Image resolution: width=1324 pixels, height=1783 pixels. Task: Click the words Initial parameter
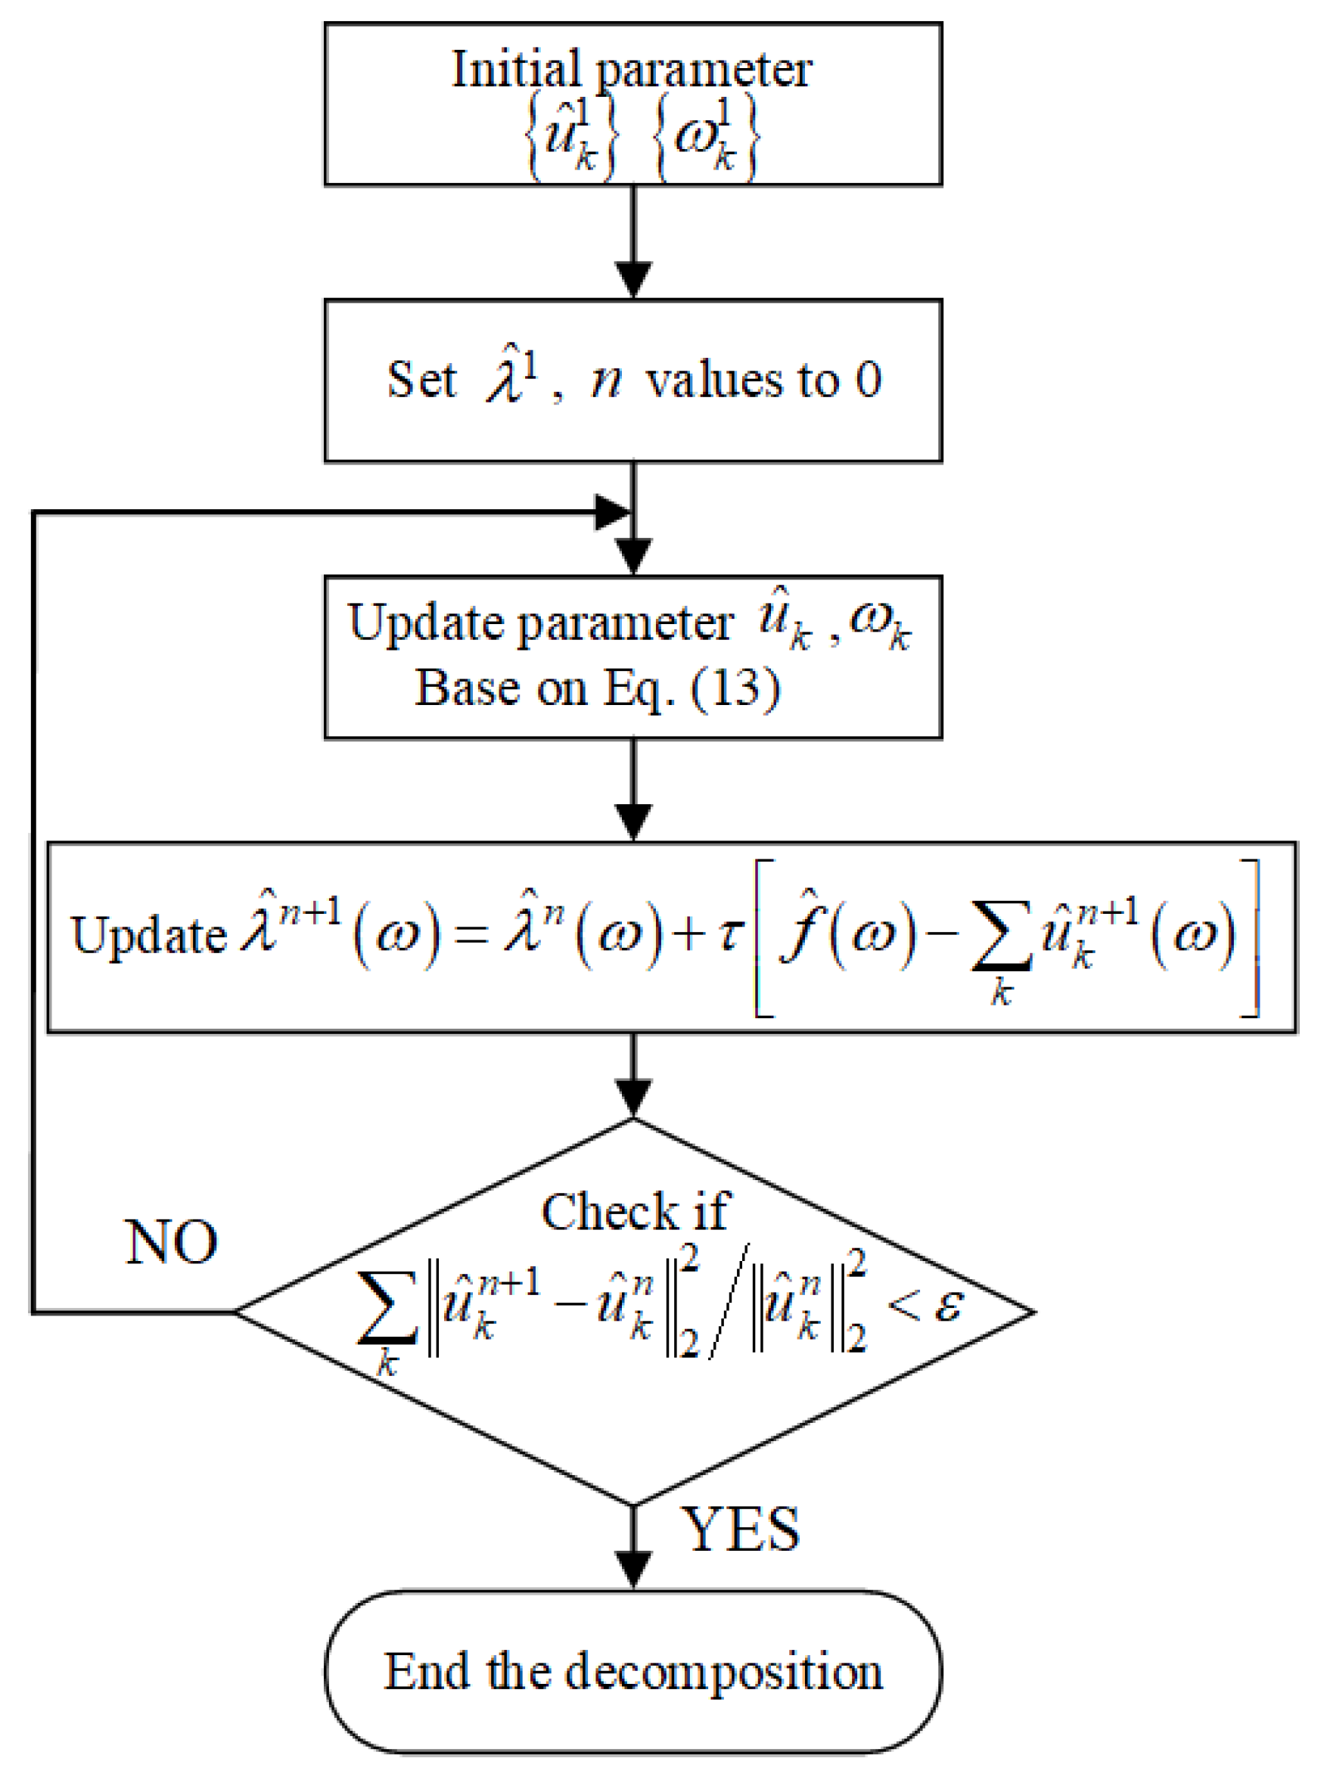tap(632, 69)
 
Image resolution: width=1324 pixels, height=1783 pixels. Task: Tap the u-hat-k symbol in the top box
tap(570, 135)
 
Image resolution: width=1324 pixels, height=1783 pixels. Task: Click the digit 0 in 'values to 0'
tap(868, 380)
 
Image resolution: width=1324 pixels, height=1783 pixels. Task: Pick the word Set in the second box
tap(421, 380)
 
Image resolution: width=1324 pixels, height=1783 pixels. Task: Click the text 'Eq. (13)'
tap(691, 688)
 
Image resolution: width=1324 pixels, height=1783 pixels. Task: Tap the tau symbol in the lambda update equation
tap(729, 933)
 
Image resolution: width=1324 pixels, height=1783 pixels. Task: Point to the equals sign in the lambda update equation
tap(471, 934)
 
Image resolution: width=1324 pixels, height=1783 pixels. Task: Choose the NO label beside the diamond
tap(171, 1242)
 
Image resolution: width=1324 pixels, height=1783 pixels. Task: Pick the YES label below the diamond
tap(740, 1529)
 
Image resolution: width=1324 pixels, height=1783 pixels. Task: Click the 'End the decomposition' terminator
tap(633, 1672)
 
